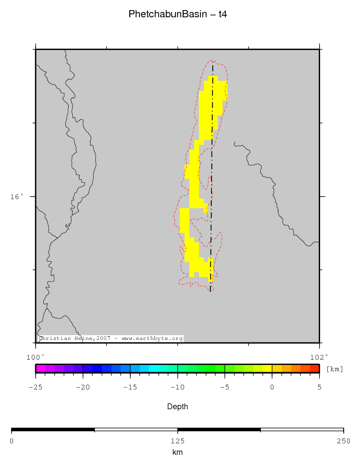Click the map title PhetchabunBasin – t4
coord(177,14)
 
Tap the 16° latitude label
coord(17,196)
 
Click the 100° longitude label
coord(35,357)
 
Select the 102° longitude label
coord(320,357)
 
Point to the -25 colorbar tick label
coord(35,387)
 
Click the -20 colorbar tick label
coord(83,387)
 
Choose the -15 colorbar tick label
coord(130,387)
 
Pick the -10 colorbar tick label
coord(177,387)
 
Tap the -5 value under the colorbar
coord(224,387)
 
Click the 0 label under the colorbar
coord(272,387)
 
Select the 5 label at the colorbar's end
coord(320,387)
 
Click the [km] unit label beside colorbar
coord(335,369)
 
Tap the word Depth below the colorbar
coord(177,407)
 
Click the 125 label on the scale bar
coord(177,440)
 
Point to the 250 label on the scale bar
coord(343,440)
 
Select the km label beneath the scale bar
coord(177,452)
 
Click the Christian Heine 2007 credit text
coord(111,339)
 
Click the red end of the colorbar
coord(315,369)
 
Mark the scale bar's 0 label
coord(12,440)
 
